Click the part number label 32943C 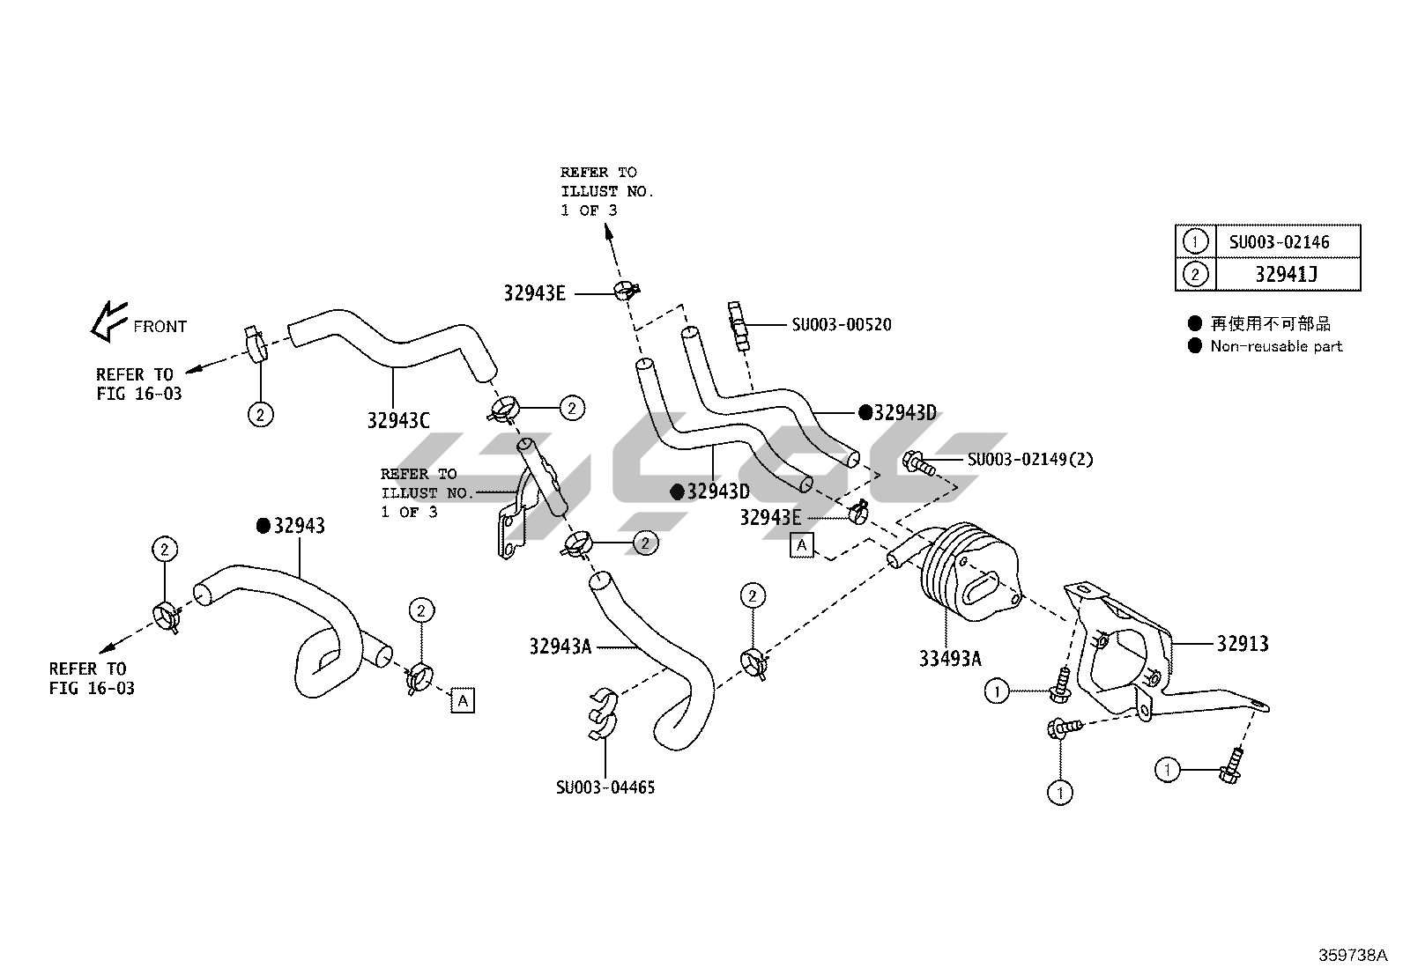398,420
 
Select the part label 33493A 949,658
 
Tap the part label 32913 1243,644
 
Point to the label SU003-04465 605,787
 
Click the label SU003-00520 841,325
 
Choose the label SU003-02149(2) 1030,459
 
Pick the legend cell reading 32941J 1286,275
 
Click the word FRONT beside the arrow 160,327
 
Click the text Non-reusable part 1275,346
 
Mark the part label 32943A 560,647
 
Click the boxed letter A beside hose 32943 462,700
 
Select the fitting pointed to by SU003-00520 739,325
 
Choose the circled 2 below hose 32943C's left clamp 260,413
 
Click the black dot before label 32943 263,526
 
